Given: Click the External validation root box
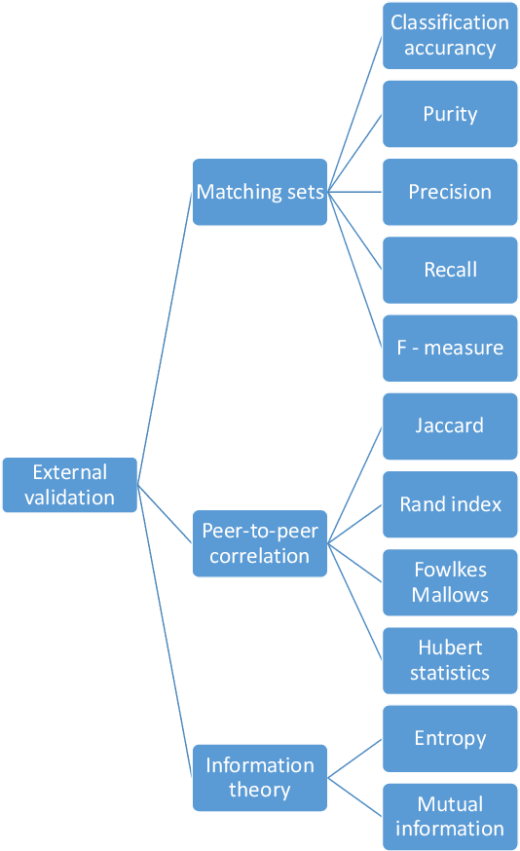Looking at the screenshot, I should pyautogui.click(x=69, y=485).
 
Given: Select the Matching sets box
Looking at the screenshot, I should pyautogui.click(x=260, y=192).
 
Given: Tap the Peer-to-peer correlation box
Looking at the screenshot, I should pyautogui.click(x=260, y=543).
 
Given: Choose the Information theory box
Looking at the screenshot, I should pyautogui.click(x=260, y=777).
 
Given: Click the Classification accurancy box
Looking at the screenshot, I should pyautogui.click(x=450, y=36).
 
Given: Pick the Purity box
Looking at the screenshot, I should pyautogui.click(x=450, y=114).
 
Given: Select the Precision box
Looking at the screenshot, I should pyautogui.click(x=450, y=192).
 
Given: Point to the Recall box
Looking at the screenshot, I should pyautogui.click(x=450, y=270).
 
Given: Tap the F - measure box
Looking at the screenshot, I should pyautogui.click(x=450, y=348).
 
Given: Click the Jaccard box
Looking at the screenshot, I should pyautogui.click(x=450, y=425).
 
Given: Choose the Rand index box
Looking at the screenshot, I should pyautogui.click(x=450, y=504).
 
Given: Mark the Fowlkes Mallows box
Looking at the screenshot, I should pyautogui.click(x=450, y=582).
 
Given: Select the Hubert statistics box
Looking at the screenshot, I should pyautogui.click(x=450, y=660).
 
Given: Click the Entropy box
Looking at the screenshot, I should pyautogui.click(x=450, y=738).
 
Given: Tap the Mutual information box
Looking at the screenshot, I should pyautogui.click(x=450, y=816).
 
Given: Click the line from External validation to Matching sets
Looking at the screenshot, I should pyautogui.click(x=165, y=339).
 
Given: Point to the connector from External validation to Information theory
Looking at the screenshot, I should pyautogui.click(x=165, y=630).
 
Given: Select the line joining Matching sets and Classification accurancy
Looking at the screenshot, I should pyautogui.click(x=355, y=114).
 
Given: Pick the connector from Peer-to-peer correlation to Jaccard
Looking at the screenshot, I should pyautogui.click(x=355, y=484).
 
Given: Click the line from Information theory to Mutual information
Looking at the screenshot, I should pyautogui.click(x=355, y=796).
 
